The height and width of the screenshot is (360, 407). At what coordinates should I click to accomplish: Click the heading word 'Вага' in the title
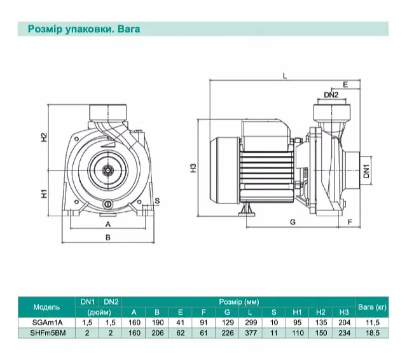(x=128, y=29)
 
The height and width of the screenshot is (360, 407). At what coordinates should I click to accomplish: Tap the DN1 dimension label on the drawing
(x=366, y=171)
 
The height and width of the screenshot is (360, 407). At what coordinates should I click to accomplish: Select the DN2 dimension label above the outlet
(x=331, y=95)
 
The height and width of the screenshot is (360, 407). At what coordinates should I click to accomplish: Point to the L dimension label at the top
(x=285, y=76)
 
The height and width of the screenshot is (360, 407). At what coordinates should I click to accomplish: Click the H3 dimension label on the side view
(x=193, y=168)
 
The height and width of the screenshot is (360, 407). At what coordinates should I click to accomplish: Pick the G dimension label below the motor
(x=293, y=222)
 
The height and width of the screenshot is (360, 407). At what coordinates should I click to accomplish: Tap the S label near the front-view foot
(x=157, y=200)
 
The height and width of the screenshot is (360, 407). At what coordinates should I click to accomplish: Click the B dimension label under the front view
(x=108, y=237)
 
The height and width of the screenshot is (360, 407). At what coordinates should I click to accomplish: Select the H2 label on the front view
(x=45, y=137)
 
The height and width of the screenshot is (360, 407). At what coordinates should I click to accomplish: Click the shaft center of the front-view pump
(x=107, y=170)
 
